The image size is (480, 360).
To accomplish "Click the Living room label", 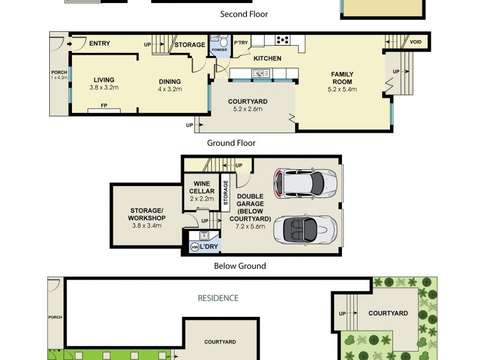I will pos(103,80).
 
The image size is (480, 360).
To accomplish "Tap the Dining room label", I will pos(169,82).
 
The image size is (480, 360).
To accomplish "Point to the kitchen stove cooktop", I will pos(282,40).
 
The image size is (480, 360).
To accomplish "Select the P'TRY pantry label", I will pos(241,42).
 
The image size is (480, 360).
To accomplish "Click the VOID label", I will pos(415,42).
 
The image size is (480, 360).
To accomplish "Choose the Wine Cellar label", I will pos(202,187).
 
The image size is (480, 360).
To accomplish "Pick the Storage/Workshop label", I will pos(146,214).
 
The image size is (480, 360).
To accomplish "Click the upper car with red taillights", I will pos(305,182).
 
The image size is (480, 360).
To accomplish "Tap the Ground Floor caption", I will pos(231,143).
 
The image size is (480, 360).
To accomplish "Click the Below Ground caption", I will pos(240,266).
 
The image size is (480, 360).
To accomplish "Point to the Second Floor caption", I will pos(244,14).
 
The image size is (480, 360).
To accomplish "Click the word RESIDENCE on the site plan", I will pos(218,298).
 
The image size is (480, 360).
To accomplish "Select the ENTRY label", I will pos(99,43).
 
